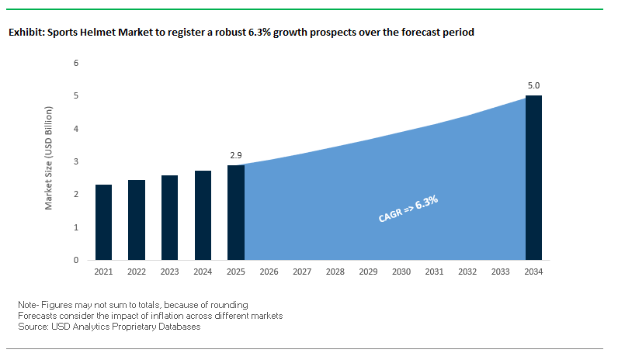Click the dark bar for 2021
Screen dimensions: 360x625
click(x=104, y=223)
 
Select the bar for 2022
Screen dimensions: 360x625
click(x=137, y=220)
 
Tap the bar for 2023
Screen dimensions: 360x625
click(x=170, y=218)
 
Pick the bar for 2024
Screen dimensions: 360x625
click(x=203, y=216)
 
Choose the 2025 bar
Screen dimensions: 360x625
click(x=236, y=213)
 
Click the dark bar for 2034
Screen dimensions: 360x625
click(x=533, y=178)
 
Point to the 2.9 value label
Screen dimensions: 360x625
click(x=236, y=156)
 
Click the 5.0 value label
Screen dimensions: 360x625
click(x=533, y=85)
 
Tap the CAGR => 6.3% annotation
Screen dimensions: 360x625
click(x=408, y=209)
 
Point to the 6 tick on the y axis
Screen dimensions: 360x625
click(x=76, y=63)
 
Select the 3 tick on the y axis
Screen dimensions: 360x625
click(x=76, y=161)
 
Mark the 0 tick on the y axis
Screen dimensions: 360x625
click(x=76, y=260)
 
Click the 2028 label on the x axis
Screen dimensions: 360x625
click(x=335, y=272)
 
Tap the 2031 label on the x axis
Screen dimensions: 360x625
click(x=434, y=272)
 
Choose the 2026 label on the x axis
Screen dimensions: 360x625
click(x=269, y=272)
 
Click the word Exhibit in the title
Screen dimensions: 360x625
click(x=25, y=33)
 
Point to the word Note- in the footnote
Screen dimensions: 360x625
click(x=30, y=305)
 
